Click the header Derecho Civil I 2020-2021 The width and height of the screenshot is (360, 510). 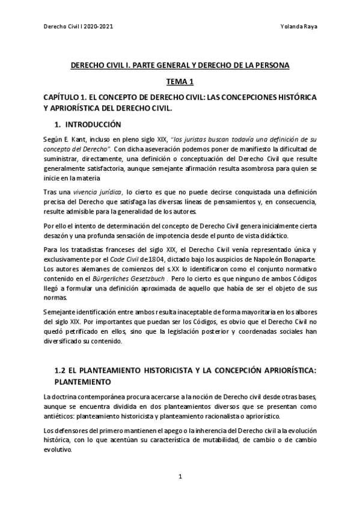[x=79, y=27]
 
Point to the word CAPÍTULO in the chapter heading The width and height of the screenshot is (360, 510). [x=64, y=97]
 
